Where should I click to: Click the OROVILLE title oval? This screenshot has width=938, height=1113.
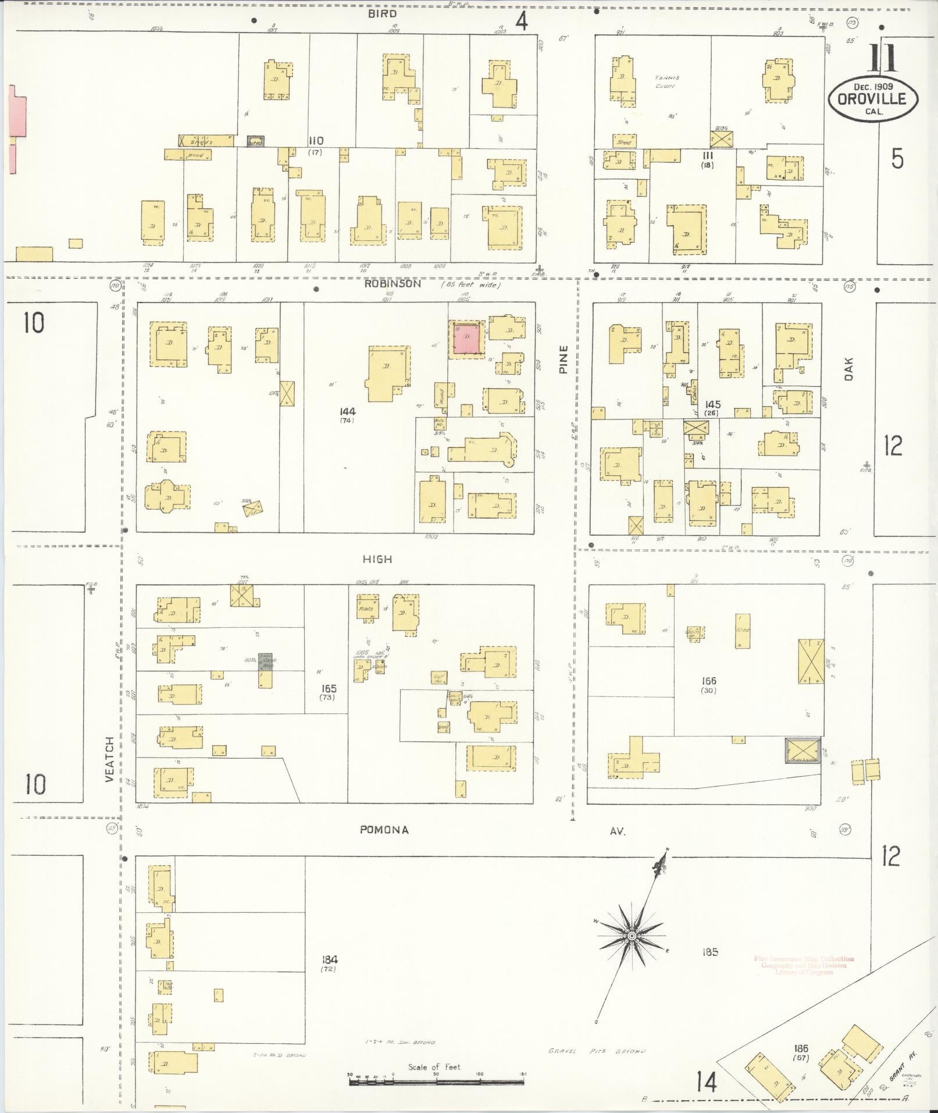[873, 98]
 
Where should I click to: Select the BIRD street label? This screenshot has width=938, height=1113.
[381, 13]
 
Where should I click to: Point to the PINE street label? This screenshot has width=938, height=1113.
[562, 359]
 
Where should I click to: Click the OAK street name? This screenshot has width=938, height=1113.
[848, 369]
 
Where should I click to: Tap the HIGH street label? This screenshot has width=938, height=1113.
[377, 559]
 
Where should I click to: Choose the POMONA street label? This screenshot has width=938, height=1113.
[384, 830]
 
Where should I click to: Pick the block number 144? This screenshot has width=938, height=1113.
[348, 411]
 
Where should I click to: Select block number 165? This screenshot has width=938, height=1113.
[329, 688]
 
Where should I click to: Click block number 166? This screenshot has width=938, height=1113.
[708, 681]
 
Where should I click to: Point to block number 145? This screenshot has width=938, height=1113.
[712, 404]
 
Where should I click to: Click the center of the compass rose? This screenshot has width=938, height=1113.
[631, 936]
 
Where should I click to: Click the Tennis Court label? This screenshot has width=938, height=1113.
[667, 81]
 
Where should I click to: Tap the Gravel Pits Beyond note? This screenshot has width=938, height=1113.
[597, 1051]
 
